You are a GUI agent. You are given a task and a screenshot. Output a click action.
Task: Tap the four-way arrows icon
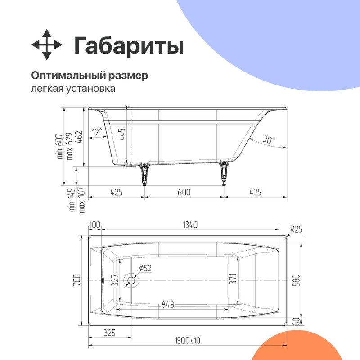click(46, 45)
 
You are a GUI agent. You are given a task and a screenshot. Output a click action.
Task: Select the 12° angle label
click(97, 131)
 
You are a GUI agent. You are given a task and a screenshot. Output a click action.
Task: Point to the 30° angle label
click(269, 140)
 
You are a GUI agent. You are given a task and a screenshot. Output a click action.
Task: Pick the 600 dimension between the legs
click(184, 192)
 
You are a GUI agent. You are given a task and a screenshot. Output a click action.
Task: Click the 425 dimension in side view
click(116, 192)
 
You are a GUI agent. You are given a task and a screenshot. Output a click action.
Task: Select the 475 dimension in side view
click(255, 192)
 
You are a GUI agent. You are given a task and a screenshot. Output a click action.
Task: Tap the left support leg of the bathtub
click(144, 173)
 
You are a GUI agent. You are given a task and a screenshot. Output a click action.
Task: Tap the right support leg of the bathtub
click(223, 173)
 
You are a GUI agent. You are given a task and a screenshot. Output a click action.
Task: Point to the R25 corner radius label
click(296, 229)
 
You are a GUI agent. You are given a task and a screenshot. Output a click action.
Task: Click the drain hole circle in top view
click(131, 280)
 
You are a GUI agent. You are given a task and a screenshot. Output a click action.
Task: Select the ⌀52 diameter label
click(145, 268)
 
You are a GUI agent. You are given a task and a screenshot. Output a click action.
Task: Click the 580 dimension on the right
click(296, 280)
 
